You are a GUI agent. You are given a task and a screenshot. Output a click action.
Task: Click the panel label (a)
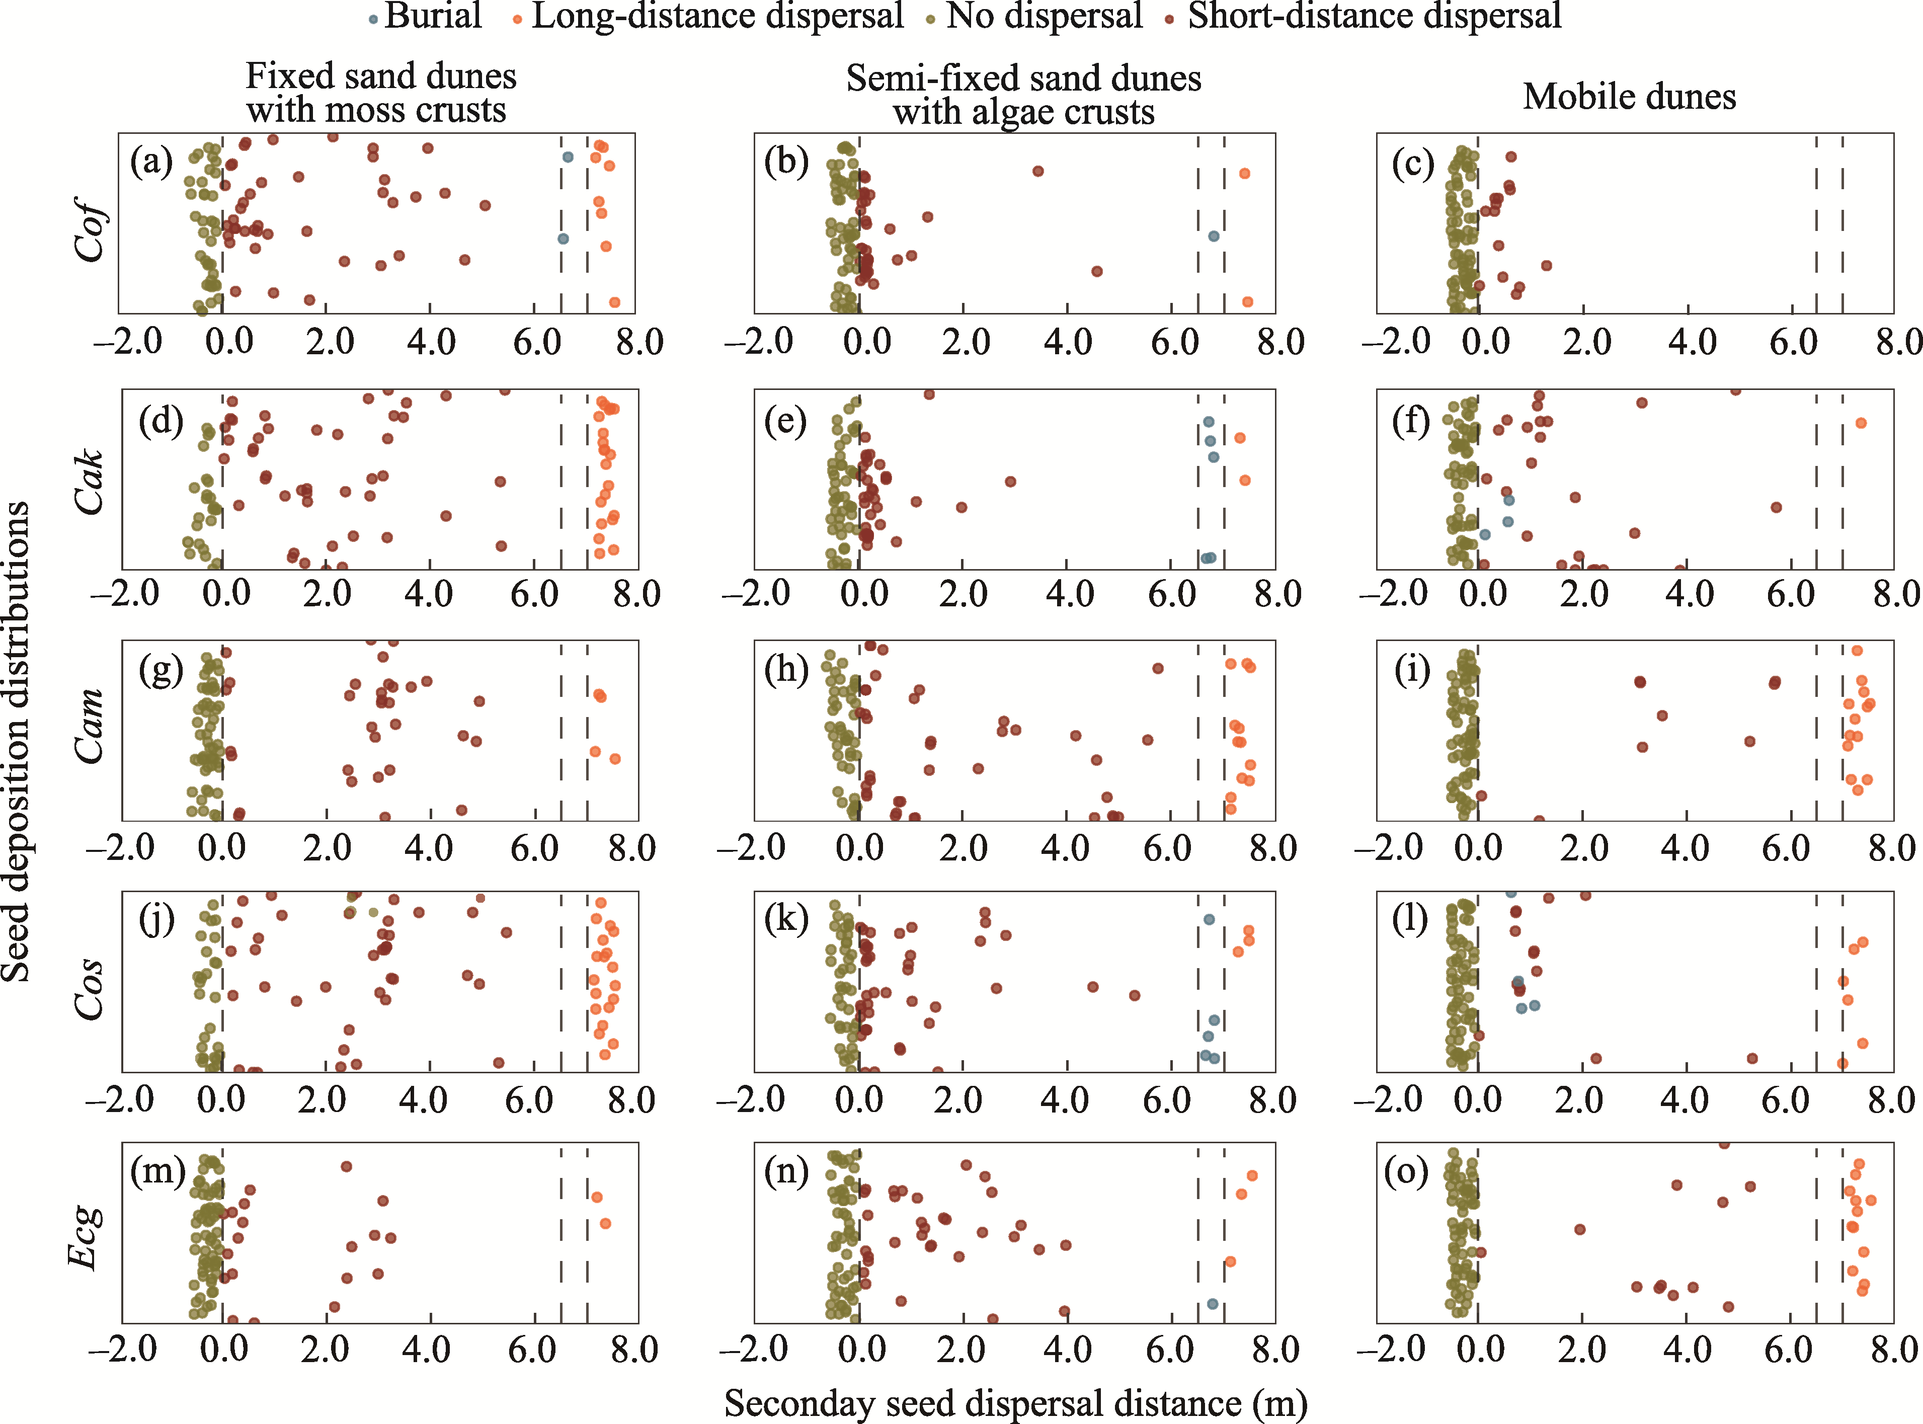152,161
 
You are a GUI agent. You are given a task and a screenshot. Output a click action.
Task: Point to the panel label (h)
786,670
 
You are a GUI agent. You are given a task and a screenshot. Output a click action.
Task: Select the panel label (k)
786,920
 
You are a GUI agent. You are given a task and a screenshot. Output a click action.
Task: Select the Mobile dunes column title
1629,97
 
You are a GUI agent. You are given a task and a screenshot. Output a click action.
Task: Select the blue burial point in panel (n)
1213,1304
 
